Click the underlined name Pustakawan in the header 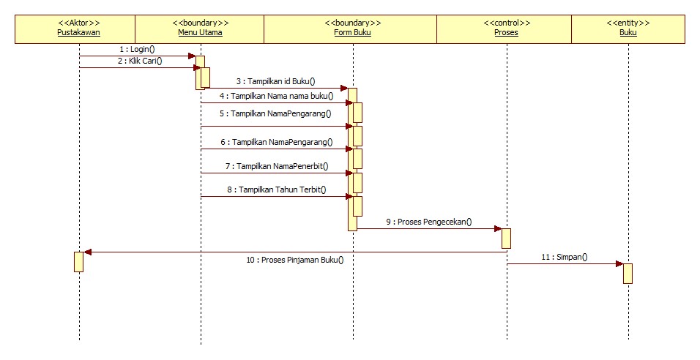tap(78, 33)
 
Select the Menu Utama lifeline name tap(200, 33)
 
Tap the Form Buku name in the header tap(353, 33)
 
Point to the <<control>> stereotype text tap(506, 23)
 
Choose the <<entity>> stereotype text tap(628, 23)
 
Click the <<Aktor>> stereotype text tap(78, 23)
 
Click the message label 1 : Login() tap(137, 49)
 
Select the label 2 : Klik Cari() tap(140, 61)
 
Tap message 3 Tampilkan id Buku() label tap(275, 81)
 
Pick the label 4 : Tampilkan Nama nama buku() tap(275, 95)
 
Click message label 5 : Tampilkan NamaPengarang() tap(277, 113)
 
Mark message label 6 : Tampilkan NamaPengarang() tap(277, 142)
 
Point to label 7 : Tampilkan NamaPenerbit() tap(277, 166)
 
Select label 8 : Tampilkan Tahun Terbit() tap(277, 190)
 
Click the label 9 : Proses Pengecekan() tap(429, 222)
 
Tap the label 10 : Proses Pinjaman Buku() tap(294, 260)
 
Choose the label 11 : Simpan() tap(565, 258)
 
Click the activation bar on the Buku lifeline tap(628, 273)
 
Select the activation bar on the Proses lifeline tap(506, 239)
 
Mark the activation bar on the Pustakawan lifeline tap(78, 261)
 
